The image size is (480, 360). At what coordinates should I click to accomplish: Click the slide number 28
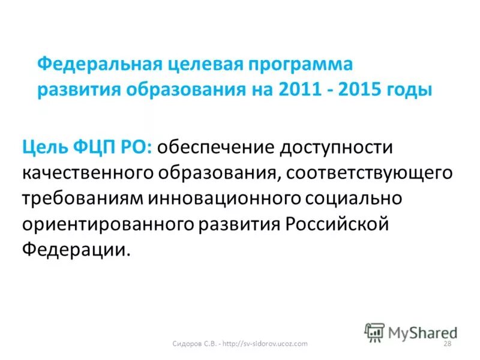(x=446, y=343)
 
